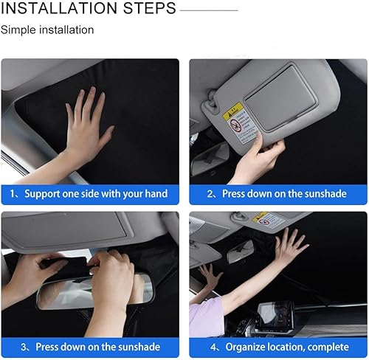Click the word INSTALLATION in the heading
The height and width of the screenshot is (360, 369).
59,8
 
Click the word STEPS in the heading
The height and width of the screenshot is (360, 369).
150,8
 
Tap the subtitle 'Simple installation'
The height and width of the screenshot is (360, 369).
47,30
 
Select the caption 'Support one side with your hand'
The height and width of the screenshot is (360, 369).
96,194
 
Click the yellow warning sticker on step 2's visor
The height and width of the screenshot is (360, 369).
232,112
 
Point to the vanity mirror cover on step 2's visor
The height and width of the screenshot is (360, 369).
280,98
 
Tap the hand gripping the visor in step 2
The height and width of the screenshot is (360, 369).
258,157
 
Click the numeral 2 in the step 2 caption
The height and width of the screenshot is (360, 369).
210,194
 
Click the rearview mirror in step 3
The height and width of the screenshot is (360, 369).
94,291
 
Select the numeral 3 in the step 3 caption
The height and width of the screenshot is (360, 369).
24,347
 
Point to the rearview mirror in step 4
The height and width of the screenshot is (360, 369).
240,251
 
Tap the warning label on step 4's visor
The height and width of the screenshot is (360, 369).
269,220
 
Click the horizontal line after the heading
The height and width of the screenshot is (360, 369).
209,10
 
